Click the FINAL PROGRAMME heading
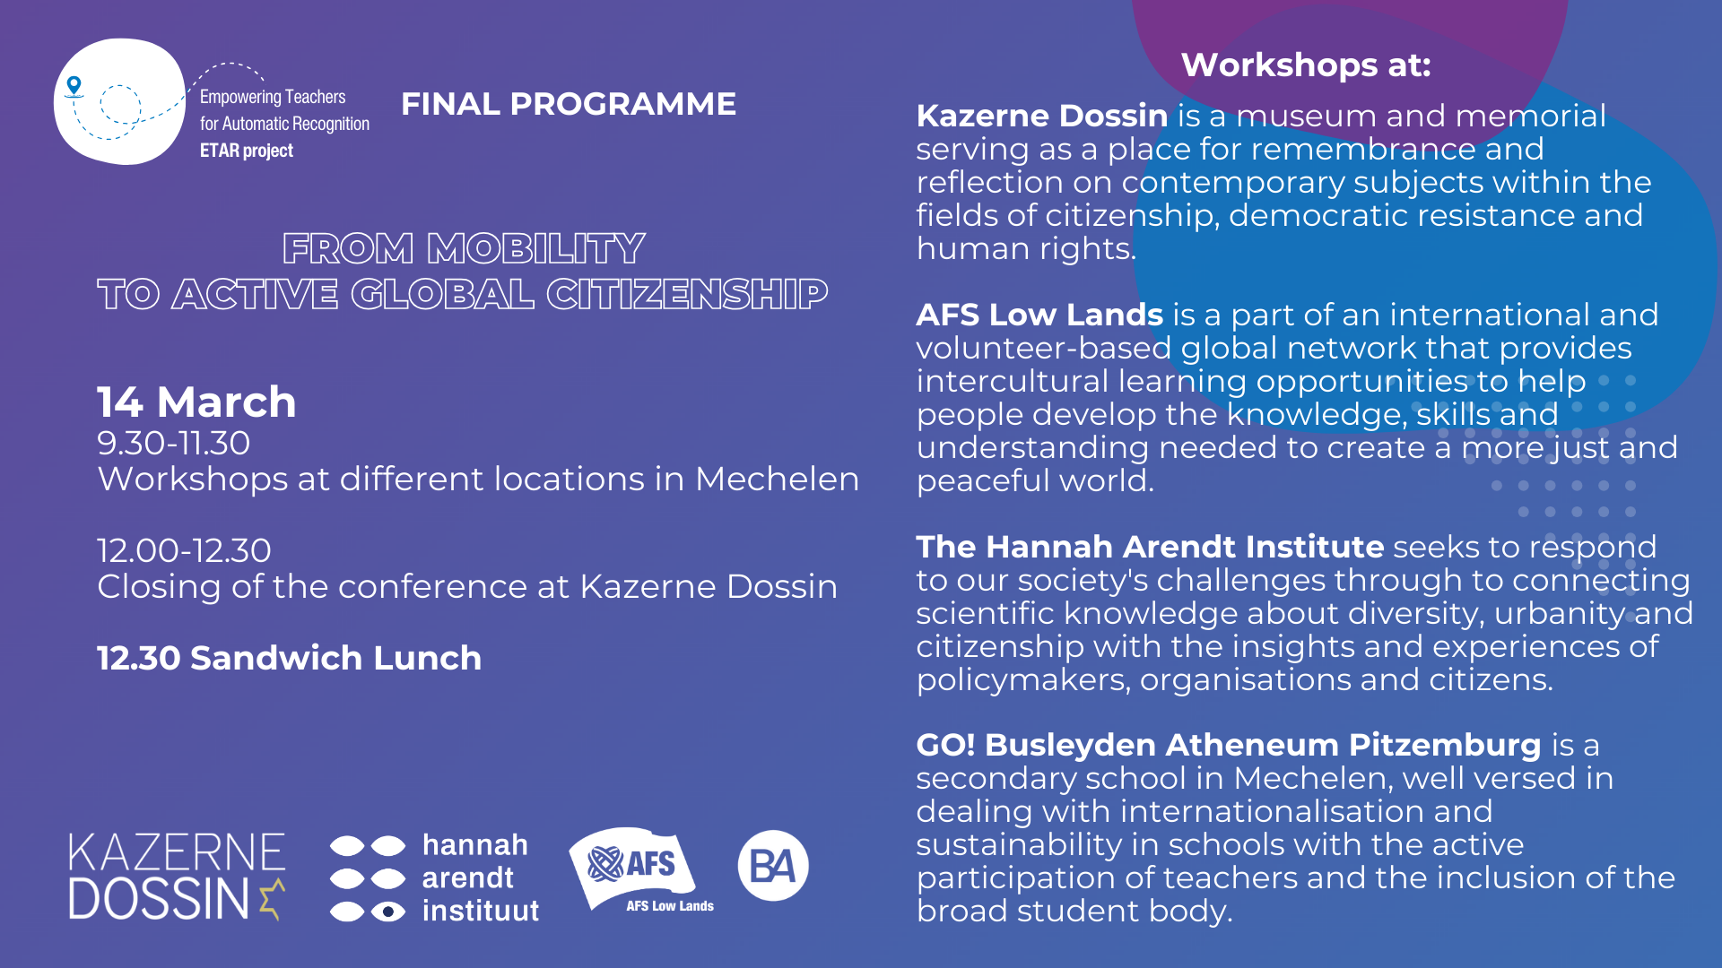(568, 104)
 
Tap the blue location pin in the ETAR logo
(74, 86)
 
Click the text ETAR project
(246, 151)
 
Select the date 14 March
(196, 402)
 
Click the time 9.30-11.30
(173, 443)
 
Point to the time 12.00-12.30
(184, 550)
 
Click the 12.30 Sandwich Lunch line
(289, 658)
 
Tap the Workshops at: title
(1305, 65)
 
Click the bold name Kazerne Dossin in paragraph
(1041, 116)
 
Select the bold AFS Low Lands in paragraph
(1039, 315)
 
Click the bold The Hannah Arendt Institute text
(1149, 547)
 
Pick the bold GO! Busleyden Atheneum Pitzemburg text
(1228, 745)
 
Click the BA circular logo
(772, 866)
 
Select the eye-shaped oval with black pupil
(388, 912)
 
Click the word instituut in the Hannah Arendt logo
(480, 911)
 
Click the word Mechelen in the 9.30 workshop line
(777, 479)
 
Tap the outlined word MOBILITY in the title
(535, 248)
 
